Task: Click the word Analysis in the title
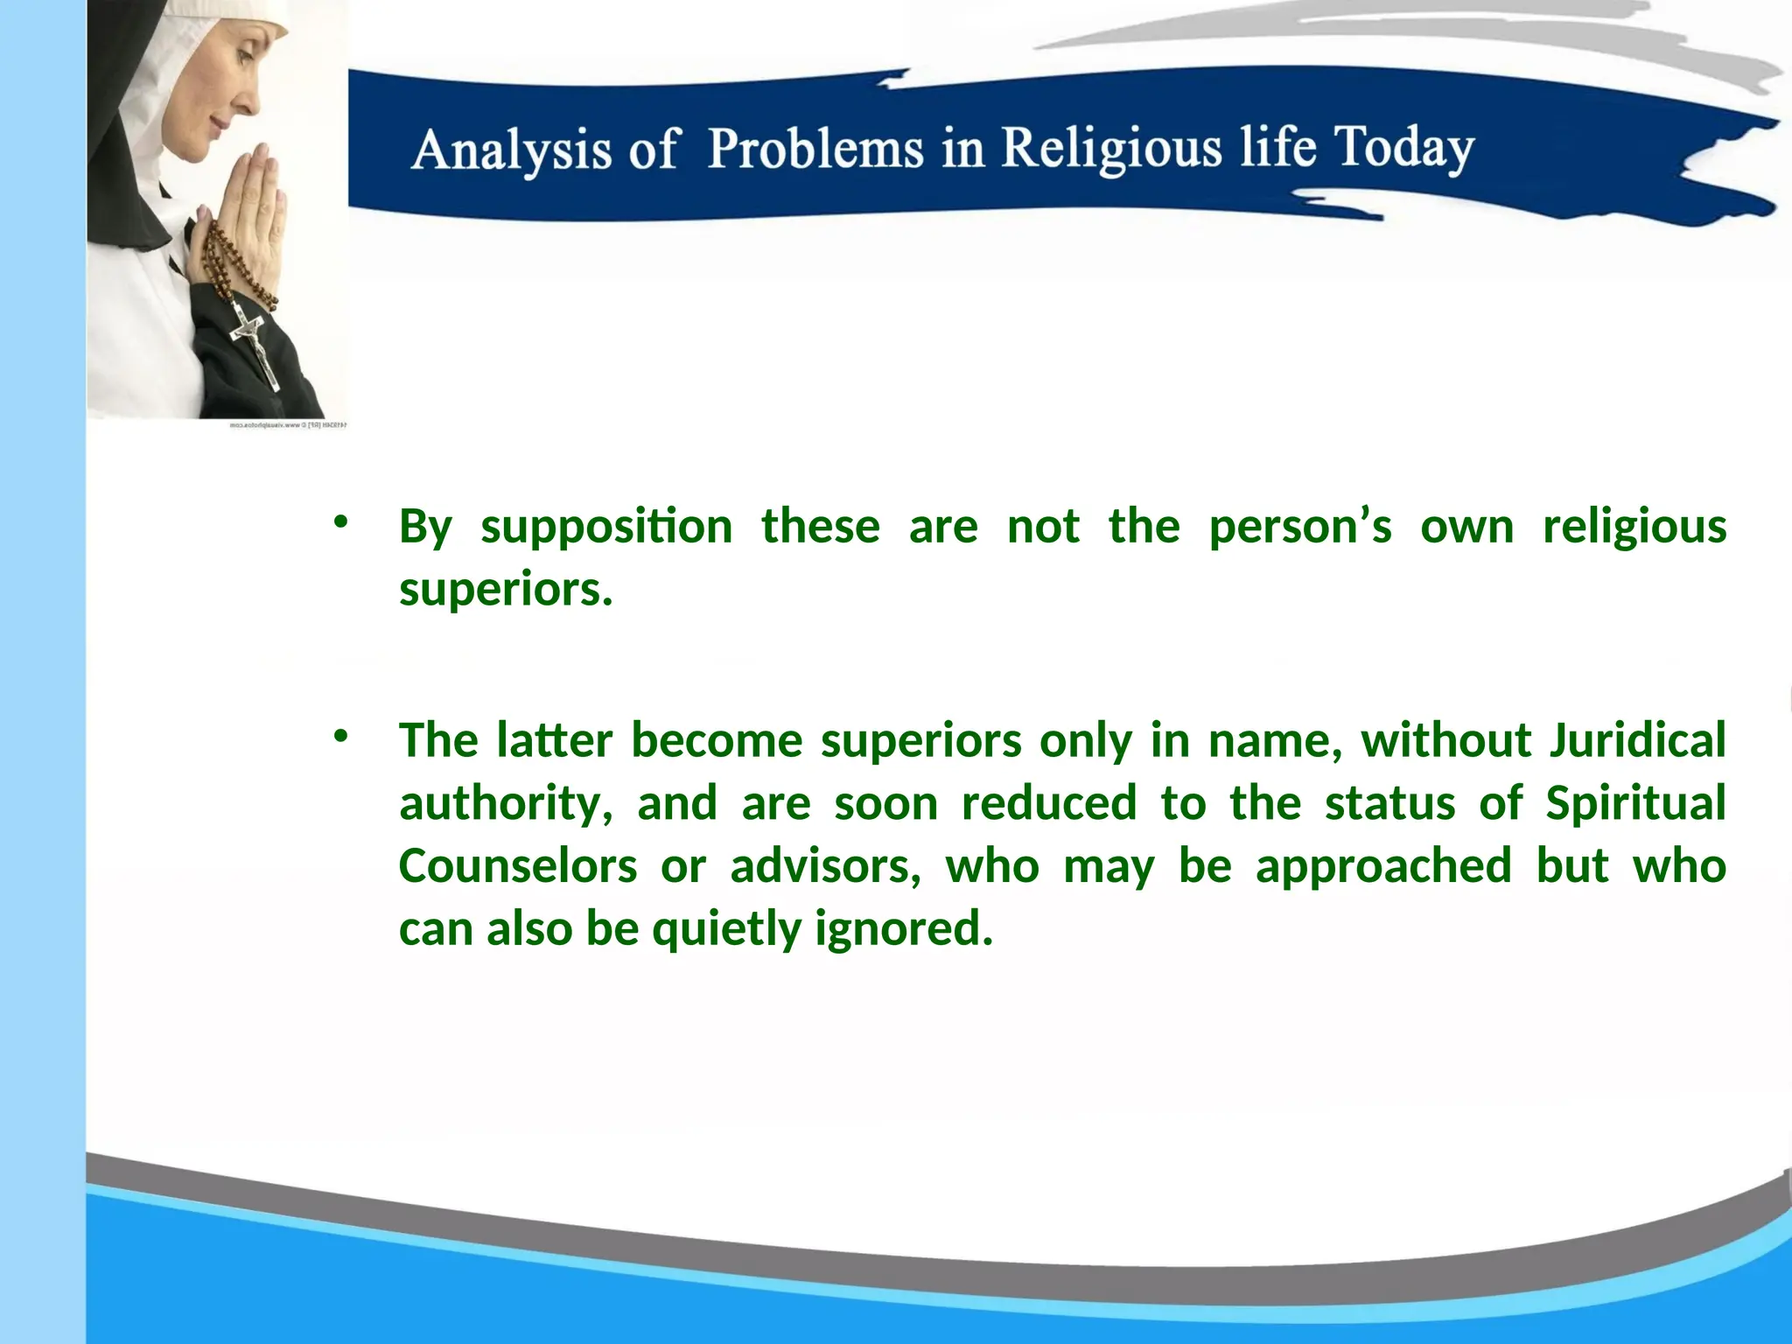(x=510, y=150)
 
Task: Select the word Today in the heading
(x=1403, y=148)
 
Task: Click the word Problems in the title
(x=815, y=148)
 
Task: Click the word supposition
(x=606, y=528)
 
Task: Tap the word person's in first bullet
(x=1299, y=528)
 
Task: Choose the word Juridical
(x=1636, y=740)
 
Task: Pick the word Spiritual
(x=1634, y=803)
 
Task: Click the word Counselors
(x=518, y=866)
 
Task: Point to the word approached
(x=1382, y=866)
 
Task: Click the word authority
(x=506, y=803)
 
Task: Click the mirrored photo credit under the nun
(x=288, y=425)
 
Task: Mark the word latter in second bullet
(x=554, y=740)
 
